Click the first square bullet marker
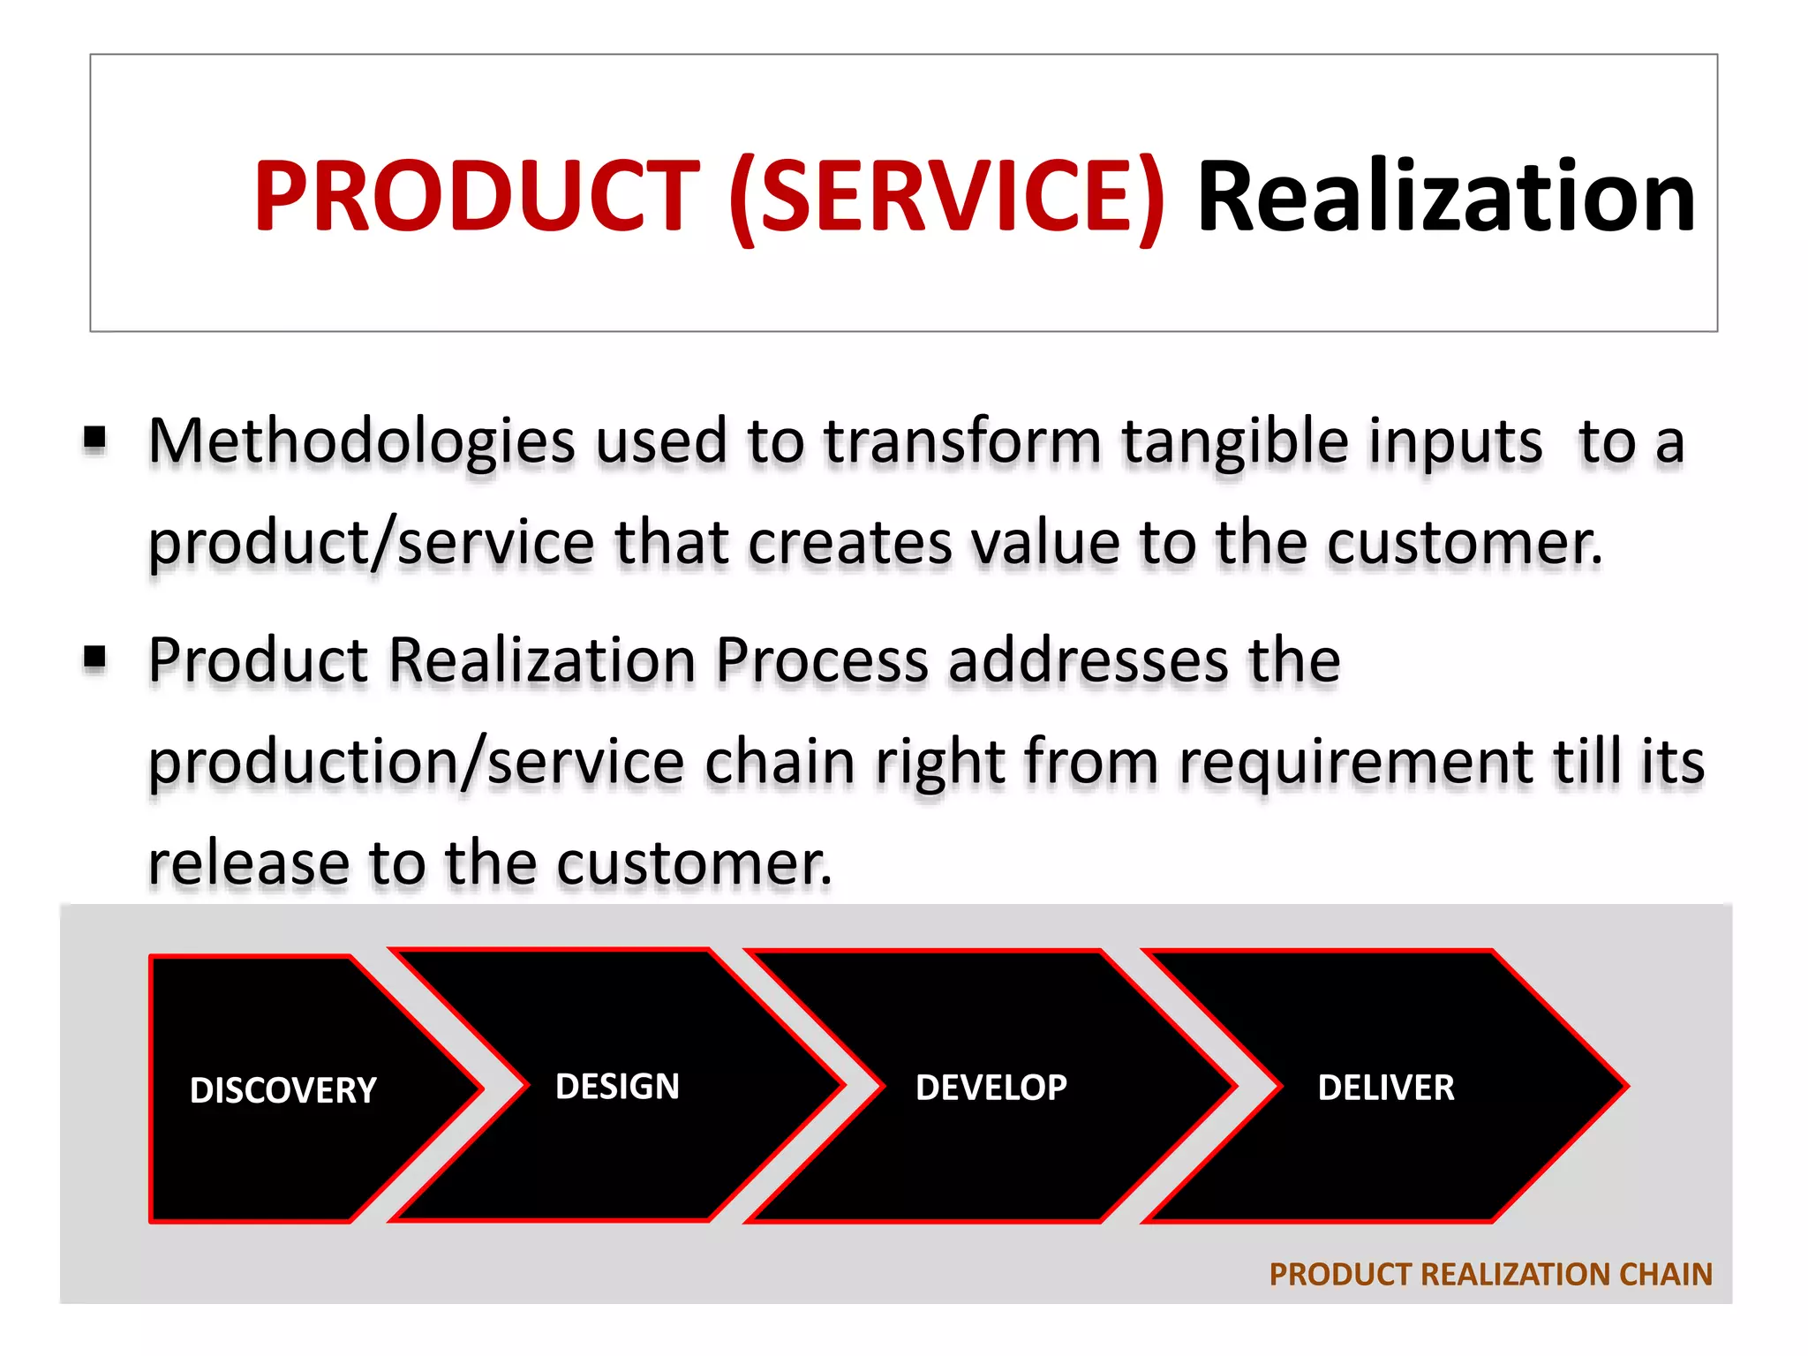pyautogui.click(x=95, y=438)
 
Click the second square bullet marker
pyautogui.click(x=95, y=658)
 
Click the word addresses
pyautogui.click(x=1088, y=660)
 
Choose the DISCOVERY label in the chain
pyautogui.click(x=282, y=1090)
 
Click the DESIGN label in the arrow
pyautogui.click(x=617, y=1087)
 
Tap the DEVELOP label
pyautogui.click(x=991, y=1088)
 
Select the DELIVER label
pyautogui.click(x=1385, y=1088)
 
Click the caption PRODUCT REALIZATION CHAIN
pyautogui.click(x=1490, y=1274)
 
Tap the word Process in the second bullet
pyautogui.click(x=821, y=660)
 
